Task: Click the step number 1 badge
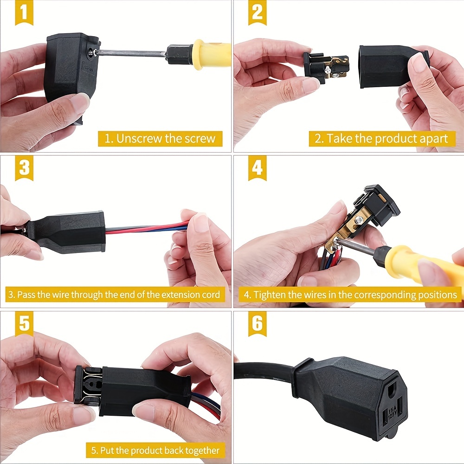[x=24, y=13]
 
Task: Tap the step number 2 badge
[x=257, y=13]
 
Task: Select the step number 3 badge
[x=24, y=168]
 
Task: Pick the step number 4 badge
[x=257, y=168]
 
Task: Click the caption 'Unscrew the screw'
[x=160, y=138]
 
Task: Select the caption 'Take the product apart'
[x=381, y=138]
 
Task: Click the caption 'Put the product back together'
[x=155, y=450]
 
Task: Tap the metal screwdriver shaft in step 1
[x=130, y=53]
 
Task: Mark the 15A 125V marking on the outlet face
[x=391, y=411]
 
